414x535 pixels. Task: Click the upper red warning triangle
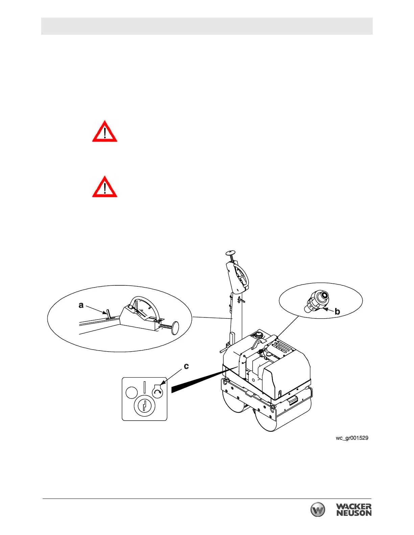pyautogui.click(x=105, y=131)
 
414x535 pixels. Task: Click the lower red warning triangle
pyautogui.click(x=105, y=187)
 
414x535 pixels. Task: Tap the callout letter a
pyautogui.click(x=81, y=305)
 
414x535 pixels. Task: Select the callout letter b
pyautogui.click(x=337, y=311)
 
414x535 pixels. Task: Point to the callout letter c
pyautogui.click(x=186, y=366)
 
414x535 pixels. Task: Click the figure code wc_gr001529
pyautogui.click(x=352, y=438)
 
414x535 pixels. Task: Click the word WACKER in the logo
pyautogui.click(x=353, y=507)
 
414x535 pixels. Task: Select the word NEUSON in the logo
pyautogui.click(x=354, y=513)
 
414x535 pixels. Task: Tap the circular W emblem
pyautogui.click(x=318, y=510)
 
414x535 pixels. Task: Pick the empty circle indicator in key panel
pyautogui.click(x=132, y=392)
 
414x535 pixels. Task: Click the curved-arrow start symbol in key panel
pyautogui.click(x=158, y=392)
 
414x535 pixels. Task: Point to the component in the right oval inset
pyautogui.click(x=317, y=301)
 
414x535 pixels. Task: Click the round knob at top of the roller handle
pyautogui.click(x=230, y=252)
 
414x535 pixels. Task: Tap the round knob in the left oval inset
pyautogui.click(x=175, y=328)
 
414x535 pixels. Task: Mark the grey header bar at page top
pyautogui.click(x=207, y=26)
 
